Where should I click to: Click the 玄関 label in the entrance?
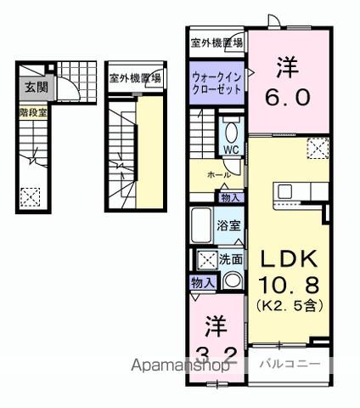pos(35,86)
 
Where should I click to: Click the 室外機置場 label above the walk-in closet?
pos(217,42)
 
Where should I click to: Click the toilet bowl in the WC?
pos(231,132)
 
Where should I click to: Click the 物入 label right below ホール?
pos(230,196)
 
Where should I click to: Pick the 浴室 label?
pos(228,226)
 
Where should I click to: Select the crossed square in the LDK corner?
pos(318,150)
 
